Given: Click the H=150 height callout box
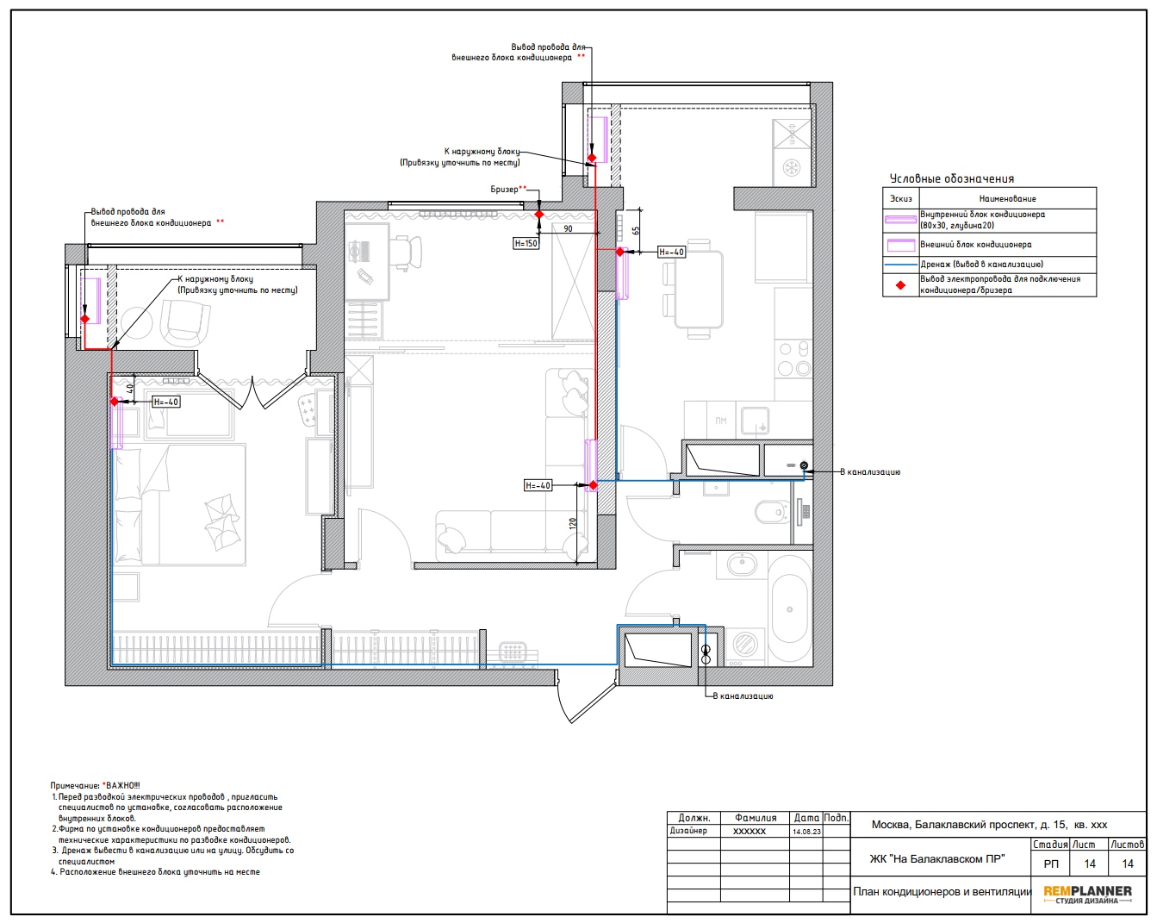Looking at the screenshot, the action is (526, 243).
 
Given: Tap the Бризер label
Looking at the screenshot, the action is (504, 190).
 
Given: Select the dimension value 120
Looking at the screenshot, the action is (572, 523).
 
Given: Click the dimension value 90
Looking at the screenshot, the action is (568, 228).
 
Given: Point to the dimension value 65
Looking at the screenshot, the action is (636, 231).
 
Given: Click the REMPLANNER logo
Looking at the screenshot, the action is (1087, 894).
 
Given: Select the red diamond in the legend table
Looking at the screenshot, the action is (900, 285).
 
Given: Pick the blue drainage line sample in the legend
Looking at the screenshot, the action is (900, 265).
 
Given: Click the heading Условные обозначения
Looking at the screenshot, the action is (952, 178).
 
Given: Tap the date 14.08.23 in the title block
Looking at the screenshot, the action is (806, 832).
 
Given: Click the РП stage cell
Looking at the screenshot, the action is (1051, 864).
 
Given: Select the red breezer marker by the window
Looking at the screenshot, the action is (539, 214).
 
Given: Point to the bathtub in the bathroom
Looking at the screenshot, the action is (790, 608).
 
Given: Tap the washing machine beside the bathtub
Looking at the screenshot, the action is (746, 644).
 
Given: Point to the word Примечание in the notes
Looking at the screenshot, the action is (75, 786).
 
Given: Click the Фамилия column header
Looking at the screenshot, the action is (756, 818).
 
